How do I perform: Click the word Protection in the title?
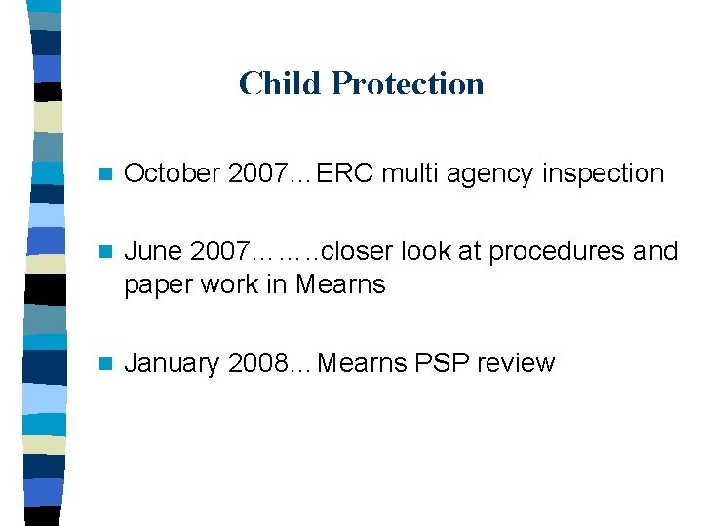pos(408,84)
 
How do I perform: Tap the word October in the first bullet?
pos(174,173)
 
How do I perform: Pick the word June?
pos(154,251)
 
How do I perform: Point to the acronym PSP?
pos(442,363)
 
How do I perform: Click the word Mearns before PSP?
pos(363,363)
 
